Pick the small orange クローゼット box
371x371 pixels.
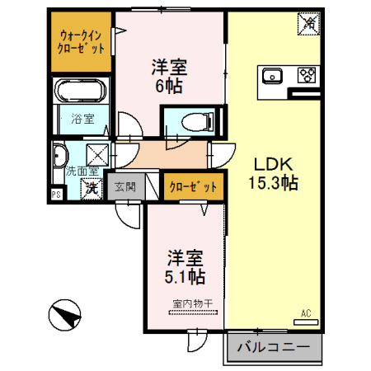[x=193, y=187]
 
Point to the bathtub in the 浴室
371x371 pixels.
[x=80, y=91]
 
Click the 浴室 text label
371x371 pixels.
[x=82, y=119]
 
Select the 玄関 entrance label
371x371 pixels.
[x=125, y=187]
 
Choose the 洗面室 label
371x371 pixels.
[x=82, y=171]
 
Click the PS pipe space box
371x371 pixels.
[x=57, y=195]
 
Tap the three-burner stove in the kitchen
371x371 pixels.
[x=308, y=76]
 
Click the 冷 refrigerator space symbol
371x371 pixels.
[x=307, y=25]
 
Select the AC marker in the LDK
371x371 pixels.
[x=305, y=313]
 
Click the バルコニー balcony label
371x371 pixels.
[x=273, y=347]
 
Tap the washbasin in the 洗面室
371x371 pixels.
[x=59, y=154]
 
